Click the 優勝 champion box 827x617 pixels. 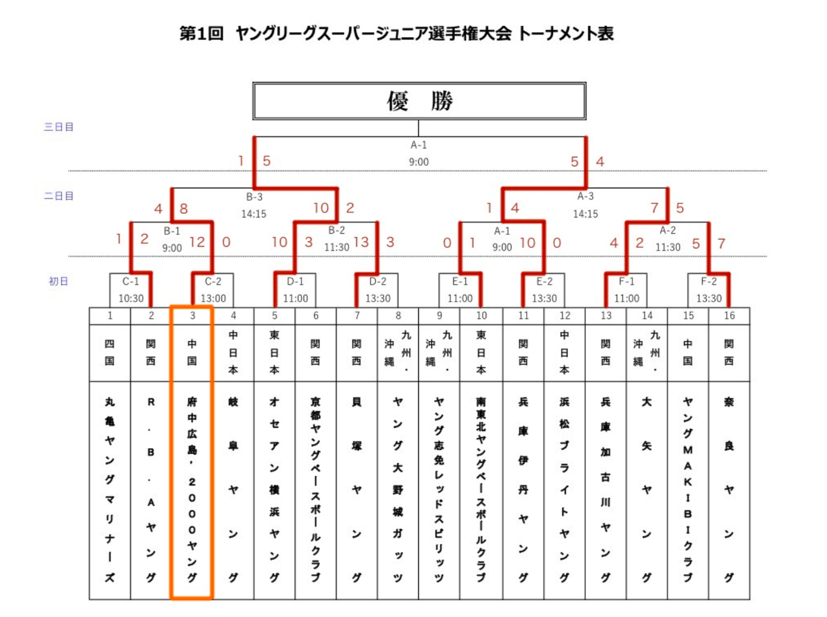[419, 101]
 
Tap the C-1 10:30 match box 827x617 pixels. [131, 290]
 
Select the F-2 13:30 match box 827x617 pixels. [709, 290]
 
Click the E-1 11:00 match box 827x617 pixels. [460, 290]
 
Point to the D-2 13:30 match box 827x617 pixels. [377, 290]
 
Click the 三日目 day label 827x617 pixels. [59, 127]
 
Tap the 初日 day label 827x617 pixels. [59, 281]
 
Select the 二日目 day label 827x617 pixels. [59, 196]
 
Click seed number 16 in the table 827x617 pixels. [729, 316]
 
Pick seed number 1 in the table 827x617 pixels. [109, 316]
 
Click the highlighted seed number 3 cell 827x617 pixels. [192, 316]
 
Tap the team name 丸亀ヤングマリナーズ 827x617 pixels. [109, 489]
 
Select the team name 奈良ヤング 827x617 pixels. [729, 489]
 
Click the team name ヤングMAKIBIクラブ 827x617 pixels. [688, 489]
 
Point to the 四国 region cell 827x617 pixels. [109, 352]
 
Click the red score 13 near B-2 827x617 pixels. [361, 242]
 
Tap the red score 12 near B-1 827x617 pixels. [197, 242]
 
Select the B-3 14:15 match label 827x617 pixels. [254, 205]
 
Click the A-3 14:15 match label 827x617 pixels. [586, 205]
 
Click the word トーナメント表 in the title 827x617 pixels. [566, 33]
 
